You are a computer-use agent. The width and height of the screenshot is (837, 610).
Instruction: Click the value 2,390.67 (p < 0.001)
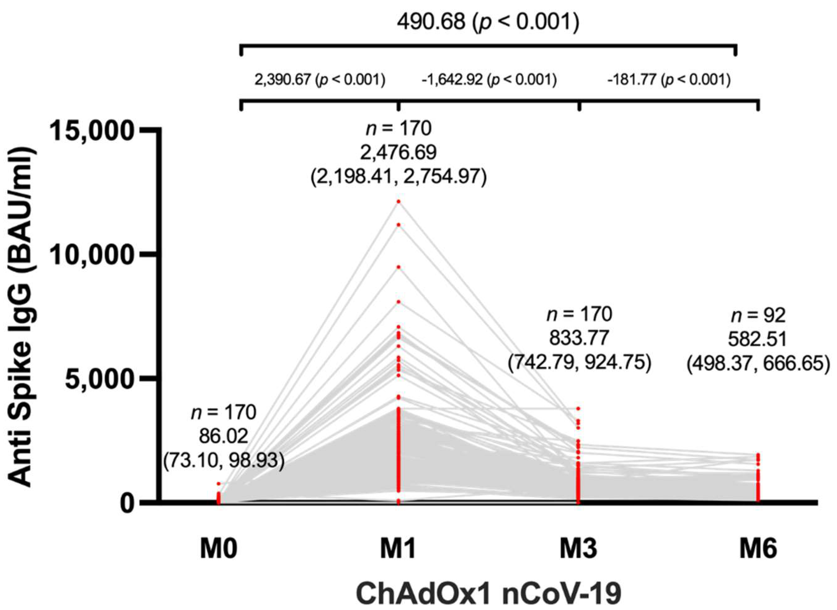tap(320, 80)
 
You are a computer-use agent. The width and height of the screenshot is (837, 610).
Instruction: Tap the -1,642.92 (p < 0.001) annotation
tap(489, 80)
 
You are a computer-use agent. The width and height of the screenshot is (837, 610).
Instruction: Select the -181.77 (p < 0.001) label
tap(669, 80)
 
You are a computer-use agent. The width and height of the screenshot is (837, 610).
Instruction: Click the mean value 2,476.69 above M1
tap(398, 152)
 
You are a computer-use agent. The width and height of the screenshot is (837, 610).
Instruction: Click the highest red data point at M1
tap(398, 201)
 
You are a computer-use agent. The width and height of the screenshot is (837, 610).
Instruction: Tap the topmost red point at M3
tap(578, 409)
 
